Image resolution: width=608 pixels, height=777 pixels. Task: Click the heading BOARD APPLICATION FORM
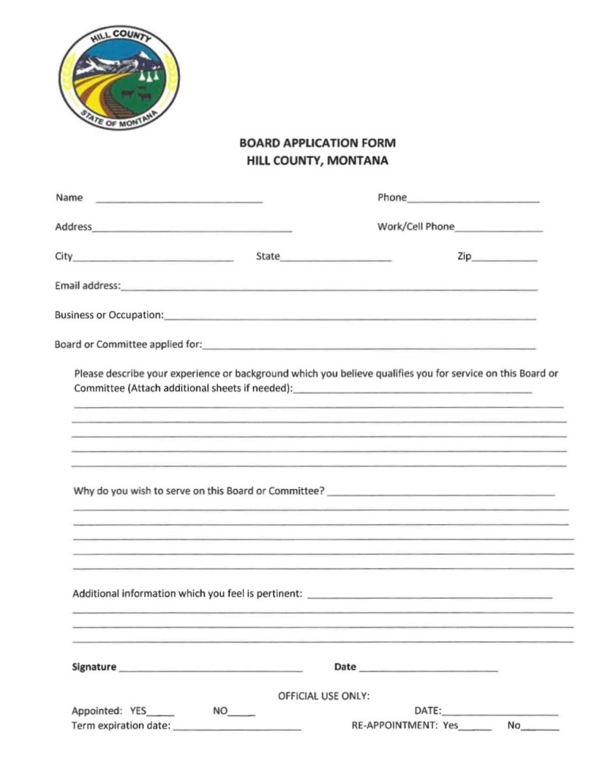tap(317, 143)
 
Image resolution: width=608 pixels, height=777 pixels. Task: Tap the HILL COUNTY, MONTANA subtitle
tap(317, 161)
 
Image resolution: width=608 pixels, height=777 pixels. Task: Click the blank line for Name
tap(179, 201)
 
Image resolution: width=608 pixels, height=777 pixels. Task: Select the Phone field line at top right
tap(473, 201)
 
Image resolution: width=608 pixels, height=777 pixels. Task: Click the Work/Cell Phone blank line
tap(499, 229)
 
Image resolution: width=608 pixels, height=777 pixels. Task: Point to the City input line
tap(153, 259)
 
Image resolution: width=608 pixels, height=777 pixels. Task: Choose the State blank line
tap(336, 259)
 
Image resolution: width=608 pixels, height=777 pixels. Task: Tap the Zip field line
tap(504, 259)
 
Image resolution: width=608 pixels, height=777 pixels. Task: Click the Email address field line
tap(329, 289)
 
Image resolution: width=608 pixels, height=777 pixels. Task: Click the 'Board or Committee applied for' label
tap(128, 344)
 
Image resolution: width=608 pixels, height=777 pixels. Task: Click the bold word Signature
tap(94, 667)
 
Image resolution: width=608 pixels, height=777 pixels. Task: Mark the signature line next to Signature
tap(210, 670)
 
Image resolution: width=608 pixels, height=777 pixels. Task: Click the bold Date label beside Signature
tap(345, 667)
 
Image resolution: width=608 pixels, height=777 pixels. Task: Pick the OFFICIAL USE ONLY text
tap(323, 695)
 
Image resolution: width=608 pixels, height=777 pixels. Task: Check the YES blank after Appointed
tap(160, 714)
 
